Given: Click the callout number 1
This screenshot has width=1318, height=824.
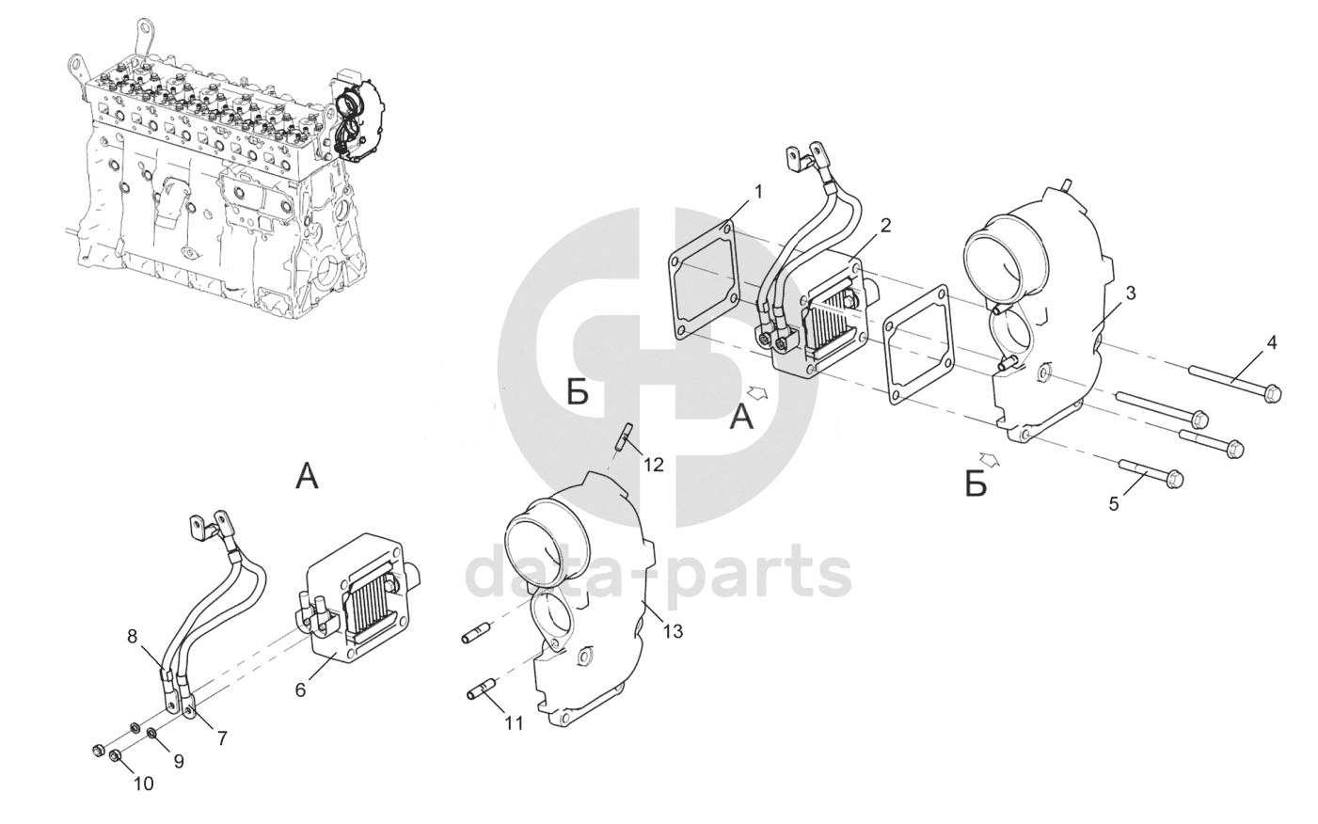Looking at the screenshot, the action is click(x=759, y=192).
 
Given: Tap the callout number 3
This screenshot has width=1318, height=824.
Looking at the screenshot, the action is click(x=1130, y=293).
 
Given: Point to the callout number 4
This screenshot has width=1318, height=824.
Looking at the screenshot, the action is click(x=1271, y=343).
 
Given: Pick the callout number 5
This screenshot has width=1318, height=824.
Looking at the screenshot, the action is click(x=1114, y=503).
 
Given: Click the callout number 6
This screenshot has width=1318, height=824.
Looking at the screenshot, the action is click(x=300, y=689).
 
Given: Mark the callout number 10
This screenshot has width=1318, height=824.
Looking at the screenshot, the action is click(x=143, y=783).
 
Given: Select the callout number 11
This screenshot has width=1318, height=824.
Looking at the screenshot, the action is click(x=514, y=723).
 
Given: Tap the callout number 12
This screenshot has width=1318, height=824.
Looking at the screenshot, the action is click(x=654, y=464).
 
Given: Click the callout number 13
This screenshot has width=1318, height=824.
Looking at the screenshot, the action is click(x=673, y=631).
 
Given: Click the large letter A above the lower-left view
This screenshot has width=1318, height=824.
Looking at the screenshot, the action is click(x=307, y=478).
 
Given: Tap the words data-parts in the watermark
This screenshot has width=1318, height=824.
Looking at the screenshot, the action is click(x=659, y=575).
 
